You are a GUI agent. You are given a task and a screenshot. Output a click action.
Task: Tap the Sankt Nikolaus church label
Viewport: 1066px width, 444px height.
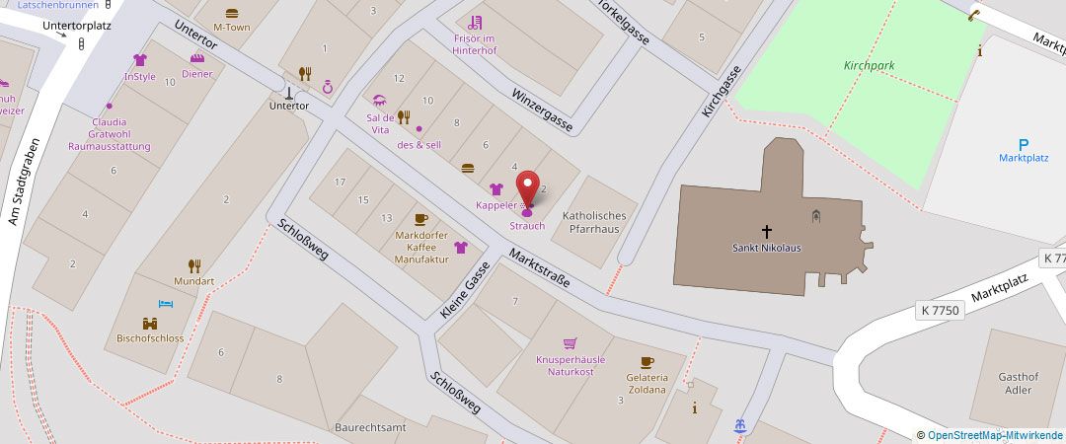[x=766, y=248]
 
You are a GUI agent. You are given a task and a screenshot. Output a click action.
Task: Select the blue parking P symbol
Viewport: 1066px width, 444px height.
[x=1024, y=144]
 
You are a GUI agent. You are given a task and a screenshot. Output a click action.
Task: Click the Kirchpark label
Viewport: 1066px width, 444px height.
[x=869, y=65]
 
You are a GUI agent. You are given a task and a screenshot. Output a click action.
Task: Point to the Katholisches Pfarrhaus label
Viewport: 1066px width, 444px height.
[x=593, y=222]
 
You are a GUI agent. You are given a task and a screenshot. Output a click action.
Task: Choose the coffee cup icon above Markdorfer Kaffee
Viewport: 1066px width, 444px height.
[x=420, y=219]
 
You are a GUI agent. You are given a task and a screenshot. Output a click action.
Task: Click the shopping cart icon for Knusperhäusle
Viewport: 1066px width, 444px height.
[x=570, y=343]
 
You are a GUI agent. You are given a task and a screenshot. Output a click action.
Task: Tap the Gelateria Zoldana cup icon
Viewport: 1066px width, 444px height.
[x=647, y=362]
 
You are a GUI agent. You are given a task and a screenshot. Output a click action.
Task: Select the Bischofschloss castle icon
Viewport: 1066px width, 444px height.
[x=149, y=323]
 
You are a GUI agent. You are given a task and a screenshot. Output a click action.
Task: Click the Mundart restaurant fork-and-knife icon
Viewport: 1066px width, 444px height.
[x=194, y=265]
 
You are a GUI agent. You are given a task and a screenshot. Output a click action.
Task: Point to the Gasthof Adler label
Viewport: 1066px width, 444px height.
[x=1018, y=383]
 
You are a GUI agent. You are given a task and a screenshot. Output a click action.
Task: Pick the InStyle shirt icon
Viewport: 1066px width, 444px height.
[x=139, y=60]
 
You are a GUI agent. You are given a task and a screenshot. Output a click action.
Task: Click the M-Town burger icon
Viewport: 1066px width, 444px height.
[x=232, y=14]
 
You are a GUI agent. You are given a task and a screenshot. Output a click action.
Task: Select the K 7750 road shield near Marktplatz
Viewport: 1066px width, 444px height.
[x=938, y=310]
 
